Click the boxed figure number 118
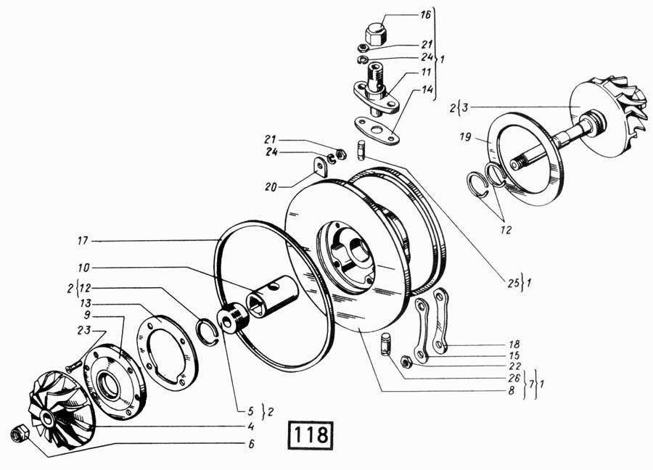[312, 434]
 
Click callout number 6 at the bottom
[251, 444]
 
